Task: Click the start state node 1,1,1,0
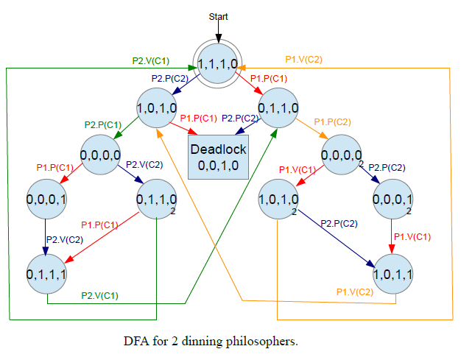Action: click(x=218, y=64)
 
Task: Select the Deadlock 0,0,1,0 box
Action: click(x=218, y=156)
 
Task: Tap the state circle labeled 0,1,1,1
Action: click(x=47, y=273)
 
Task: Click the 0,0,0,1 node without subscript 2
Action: click(x=47, y=199)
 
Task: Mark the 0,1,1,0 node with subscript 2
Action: click(x=157, y=199)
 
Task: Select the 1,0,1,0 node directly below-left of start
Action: click(x=157, y=108)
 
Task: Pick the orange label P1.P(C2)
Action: click(x=333, y=121)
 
